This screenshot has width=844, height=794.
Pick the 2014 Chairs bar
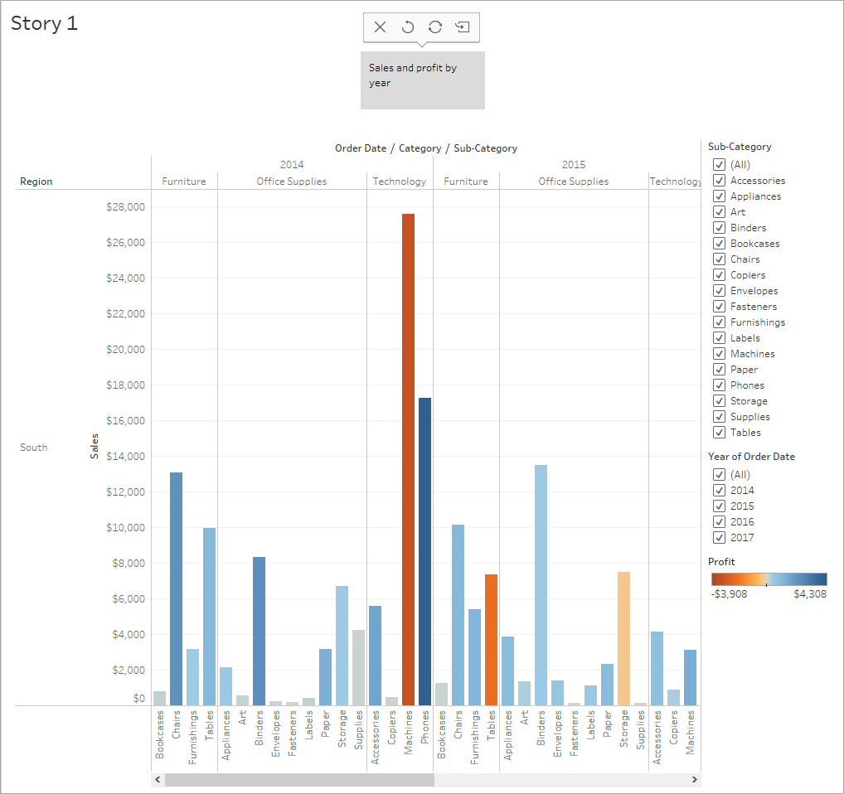176,588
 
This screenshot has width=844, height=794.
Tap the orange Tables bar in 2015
491,639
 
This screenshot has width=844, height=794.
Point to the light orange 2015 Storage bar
623,638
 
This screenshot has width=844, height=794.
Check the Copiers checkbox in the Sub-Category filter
719,275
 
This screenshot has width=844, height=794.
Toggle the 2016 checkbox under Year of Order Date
719,522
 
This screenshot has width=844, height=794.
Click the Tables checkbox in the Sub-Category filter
719,433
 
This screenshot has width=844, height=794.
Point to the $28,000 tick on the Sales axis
125,207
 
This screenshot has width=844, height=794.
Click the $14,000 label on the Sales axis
125,457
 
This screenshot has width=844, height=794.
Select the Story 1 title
45,23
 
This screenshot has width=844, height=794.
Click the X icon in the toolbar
380,27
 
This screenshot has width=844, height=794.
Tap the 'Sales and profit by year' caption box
422,80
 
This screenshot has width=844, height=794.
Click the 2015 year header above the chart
574,164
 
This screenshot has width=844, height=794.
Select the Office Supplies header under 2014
292,182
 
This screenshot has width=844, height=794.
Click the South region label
34,448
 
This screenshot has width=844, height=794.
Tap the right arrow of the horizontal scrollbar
695,780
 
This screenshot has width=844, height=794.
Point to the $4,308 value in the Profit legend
809,594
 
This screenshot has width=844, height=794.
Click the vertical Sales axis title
95,446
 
